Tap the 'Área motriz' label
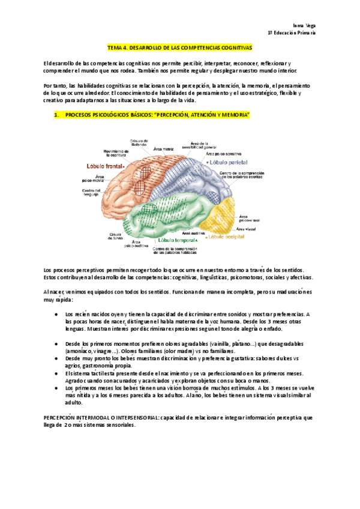pos(164,148)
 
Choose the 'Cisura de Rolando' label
pos(139,142)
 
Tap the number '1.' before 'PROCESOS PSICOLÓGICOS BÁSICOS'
pos(56,113)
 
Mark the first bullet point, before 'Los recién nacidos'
pos(56,314)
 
